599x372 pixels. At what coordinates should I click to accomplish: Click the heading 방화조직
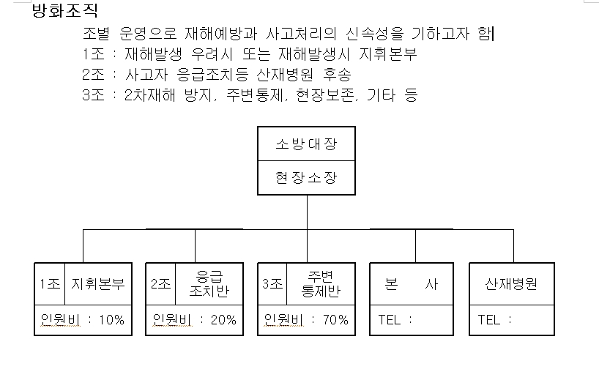coord(65,11)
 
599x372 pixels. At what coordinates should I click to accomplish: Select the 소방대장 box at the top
coord(306,144)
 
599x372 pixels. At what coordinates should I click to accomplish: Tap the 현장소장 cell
coord(306,178)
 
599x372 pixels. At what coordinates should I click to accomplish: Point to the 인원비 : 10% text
coord(83,320)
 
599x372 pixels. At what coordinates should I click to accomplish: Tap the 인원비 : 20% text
coord(195,320)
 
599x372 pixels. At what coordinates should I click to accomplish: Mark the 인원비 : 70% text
coord(307,320)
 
